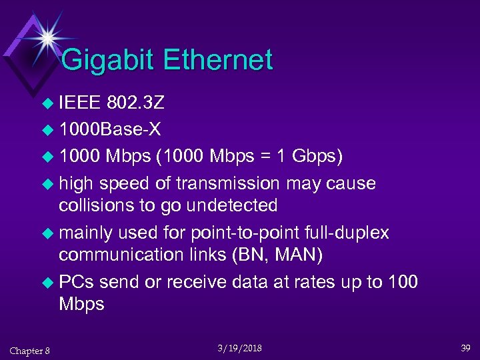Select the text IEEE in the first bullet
pyautogui.click(x=79, y=103)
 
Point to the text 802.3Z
pyautogui.click(x=136, y=103)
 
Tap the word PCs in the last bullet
pyautogui.click(x=77, y=282)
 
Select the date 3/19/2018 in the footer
pyautogui.click(x=239, y=348)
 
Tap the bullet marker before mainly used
pyautogui.click(x=46, y=233)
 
